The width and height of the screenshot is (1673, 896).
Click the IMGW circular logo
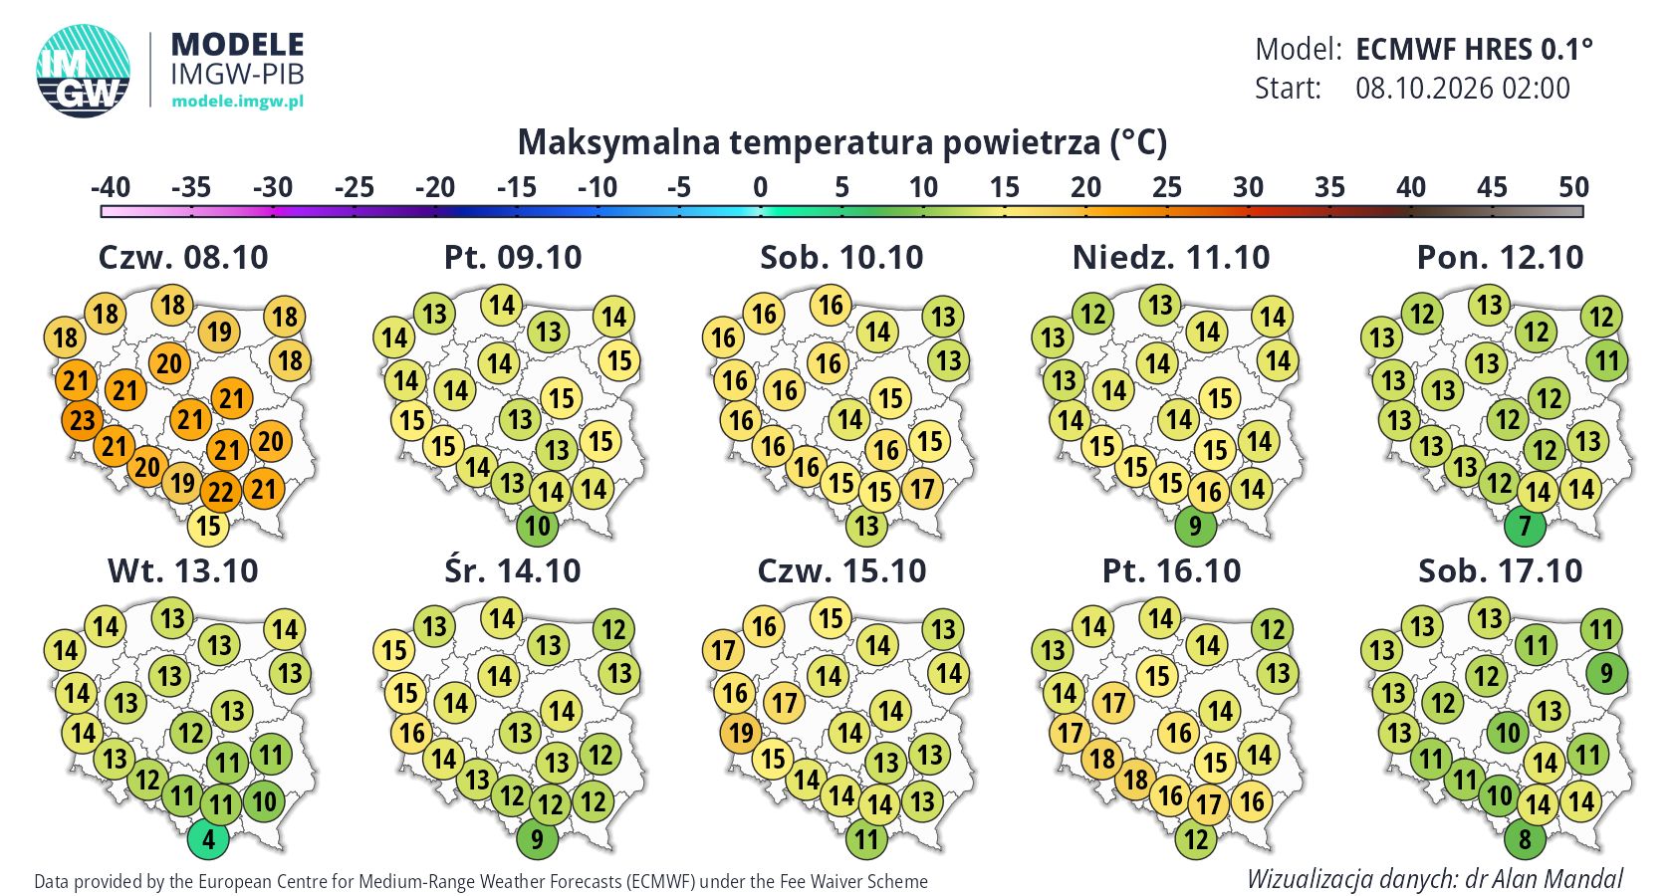[x=83, y=71]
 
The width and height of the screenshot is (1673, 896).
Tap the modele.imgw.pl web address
[x=237, y=101]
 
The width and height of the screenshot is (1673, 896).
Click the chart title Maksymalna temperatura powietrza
[x=841, y=142]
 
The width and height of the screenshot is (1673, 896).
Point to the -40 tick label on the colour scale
[x=111, y=187]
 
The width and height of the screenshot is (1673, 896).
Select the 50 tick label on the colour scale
[x=1573, y=187]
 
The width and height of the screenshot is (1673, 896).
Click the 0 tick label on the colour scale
[x=761, y=187]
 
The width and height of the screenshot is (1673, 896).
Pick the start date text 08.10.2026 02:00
[x=1463, y=88]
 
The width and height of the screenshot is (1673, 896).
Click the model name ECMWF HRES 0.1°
[x=1474, y=50]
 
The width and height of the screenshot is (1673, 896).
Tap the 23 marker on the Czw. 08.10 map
[x=82, y=420]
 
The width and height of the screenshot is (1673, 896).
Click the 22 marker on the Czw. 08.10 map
[x=220, y=492]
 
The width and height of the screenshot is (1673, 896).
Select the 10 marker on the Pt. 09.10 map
[x=538, y=526]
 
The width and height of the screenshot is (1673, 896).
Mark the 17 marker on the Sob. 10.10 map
[x=922, y=489]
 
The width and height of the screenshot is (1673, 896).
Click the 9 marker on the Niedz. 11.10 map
[x=1195, y=526]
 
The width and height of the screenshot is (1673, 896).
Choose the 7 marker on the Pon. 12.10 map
[x=1525, y=526]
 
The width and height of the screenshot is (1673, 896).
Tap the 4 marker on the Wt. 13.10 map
[x=208, y=839]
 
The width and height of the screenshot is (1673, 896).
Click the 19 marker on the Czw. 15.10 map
[x=741, y=733]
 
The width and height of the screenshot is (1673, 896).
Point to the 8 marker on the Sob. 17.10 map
[x=1525, y=839]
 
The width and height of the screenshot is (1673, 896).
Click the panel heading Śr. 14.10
[x=512, y=571]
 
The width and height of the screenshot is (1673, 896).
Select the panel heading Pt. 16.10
[x=1171, y=571]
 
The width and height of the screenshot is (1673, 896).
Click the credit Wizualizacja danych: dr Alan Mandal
[x=1435, y=879]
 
